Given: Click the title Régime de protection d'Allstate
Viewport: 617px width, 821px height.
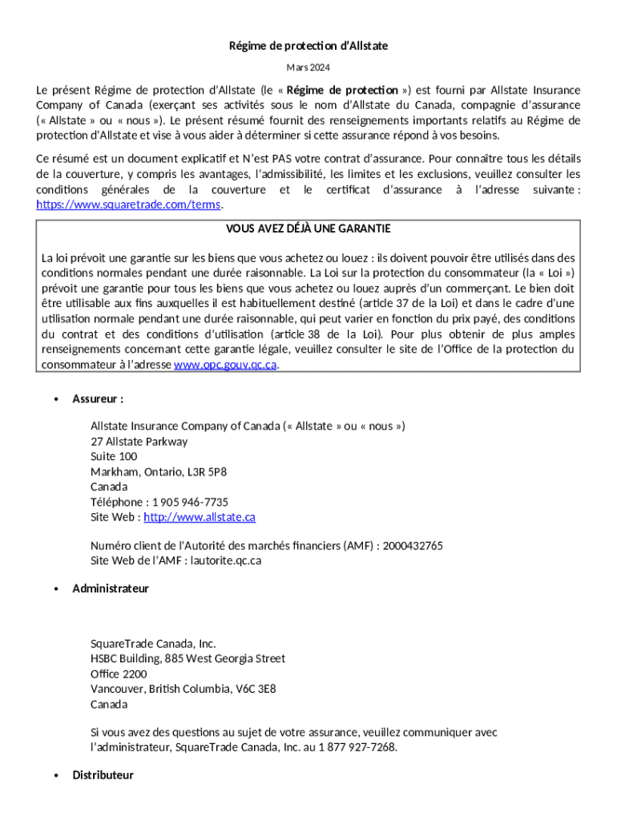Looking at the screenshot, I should click(x=308, y=46).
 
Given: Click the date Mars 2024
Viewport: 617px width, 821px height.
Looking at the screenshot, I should click(x=308, y=68).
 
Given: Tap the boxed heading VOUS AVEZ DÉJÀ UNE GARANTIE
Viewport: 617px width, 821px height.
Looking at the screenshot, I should click(x=308, y=229).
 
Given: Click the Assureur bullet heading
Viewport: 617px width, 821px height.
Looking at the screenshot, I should click(x=98, y=399).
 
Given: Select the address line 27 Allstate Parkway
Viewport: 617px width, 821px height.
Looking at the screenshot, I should click(x=139, y=442).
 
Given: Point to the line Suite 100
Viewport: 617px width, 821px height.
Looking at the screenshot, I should click(x=114, y=457).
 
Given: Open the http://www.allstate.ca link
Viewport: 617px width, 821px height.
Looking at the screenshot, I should click(x=200, y=518).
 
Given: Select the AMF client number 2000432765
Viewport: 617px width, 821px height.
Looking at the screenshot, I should click(x=413, y=546).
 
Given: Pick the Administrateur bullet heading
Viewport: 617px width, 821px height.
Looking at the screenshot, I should click(x=111, y=588).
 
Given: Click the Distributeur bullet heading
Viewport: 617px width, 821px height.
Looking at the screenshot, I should click(x=103, y=775).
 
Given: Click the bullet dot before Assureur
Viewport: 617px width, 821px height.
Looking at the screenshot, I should click(x=55, y=399).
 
